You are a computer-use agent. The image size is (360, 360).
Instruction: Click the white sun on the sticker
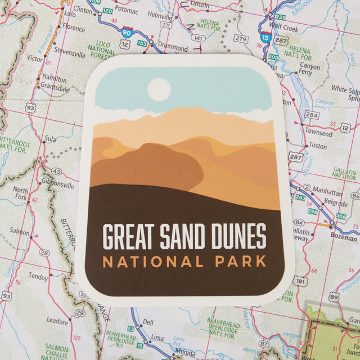click(159, 89)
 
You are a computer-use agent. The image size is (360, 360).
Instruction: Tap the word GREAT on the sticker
click(129, 237)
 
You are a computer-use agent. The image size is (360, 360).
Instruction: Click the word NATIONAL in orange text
click(153, 262)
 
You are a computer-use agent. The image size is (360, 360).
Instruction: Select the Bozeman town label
click(343, 238)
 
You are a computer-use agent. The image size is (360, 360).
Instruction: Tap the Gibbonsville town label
click(57, 185)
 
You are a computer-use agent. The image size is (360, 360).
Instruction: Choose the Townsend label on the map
click(318, 133)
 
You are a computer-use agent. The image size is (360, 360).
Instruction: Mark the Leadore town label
click(57, 321)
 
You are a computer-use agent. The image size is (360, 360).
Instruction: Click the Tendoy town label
click(38, 277)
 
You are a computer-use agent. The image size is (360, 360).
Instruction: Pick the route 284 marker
click(312, 115)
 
